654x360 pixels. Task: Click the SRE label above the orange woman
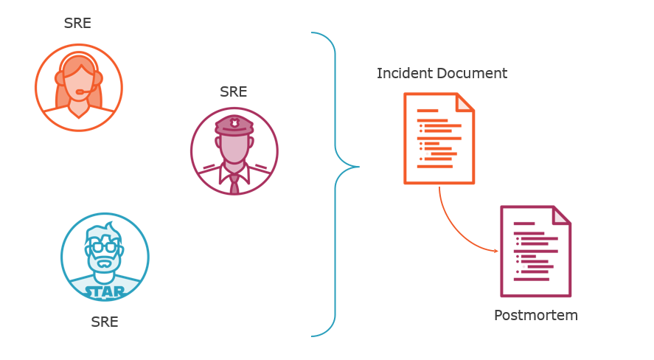(x=77, y=23)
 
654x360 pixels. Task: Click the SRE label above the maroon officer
(x=233, y=92)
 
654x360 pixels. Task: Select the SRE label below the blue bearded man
(x=104, y=322)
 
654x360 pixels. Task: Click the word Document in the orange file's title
(x=472, y=74)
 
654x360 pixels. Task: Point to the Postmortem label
(x=535, y=316)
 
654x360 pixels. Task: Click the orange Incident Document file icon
(x=438, y=138)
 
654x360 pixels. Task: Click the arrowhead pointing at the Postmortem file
(x=496, y=251)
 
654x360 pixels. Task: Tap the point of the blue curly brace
(x=358, y=167)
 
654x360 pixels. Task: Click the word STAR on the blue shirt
(x=105, y=291)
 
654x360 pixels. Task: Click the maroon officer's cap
(x=234, y=125)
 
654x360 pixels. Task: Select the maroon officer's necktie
(x=234, y=184)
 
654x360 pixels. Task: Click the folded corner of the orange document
(x=465, y=102)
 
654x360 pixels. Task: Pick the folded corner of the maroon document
(x=561, y=215)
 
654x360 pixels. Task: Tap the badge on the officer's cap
(x=234, y=122)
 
